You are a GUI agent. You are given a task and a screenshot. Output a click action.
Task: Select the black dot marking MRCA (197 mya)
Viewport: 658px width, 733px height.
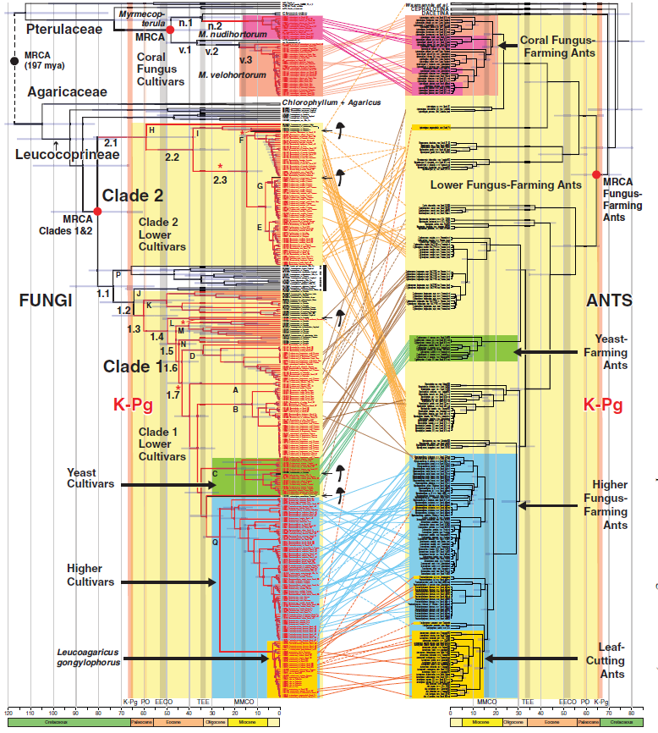click(x=14, y=61)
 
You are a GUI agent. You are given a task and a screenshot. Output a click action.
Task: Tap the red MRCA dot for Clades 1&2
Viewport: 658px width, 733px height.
click(x=97, y=210)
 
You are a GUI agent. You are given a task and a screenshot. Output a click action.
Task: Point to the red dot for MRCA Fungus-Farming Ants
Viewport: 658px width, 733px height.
click(x=596, y=174)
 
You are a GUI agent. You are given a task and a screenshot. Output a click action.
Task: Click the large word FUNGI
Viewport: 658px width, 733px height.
click(x=47, y=300)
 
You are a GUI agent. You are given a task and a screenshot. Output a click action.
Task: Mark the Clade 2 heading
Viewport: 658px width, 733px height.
click(x=133, y=196)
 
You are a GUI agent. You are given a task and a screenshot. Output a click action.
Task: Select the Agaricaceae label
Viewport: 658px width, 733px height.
click(x=68, y=91)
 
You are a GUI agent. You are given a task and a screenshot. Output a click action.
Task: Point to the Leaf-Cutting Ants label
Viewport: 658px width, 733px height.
click(x=605, y=661)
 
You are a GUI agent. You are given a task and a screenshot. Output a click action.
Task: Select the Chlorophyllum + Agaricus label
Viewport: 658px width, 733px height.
click(x=332, y=102)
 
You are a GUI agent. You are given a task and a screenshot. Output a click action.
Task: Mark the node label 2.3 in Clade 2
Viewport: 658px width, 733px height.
click(x=221, y=179)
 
